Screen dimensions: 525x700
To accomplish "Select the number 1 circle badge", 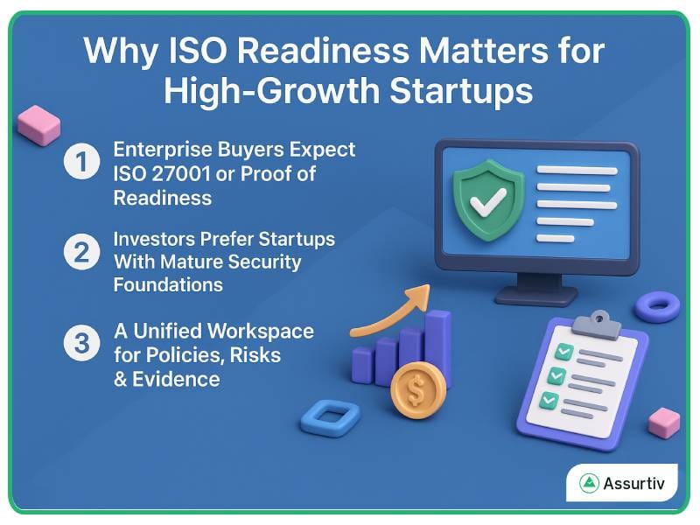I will (x=81, y=163).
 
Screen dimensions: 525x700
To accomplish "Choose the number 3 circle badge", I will (x=81, y=344).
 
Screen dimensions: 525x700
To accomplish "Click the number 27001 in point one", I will (x=179, y=172).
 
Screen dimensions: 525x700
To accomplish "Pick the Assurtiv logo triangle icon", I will (x=588, y=483).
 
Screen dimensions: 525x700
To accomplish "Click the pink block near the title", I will (x=38, y=124).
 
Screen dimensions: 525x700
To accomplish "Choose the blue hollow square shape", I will (x=330, y=417).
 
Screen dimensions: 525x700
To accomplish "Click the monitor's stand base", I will (x=536, y=295).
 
